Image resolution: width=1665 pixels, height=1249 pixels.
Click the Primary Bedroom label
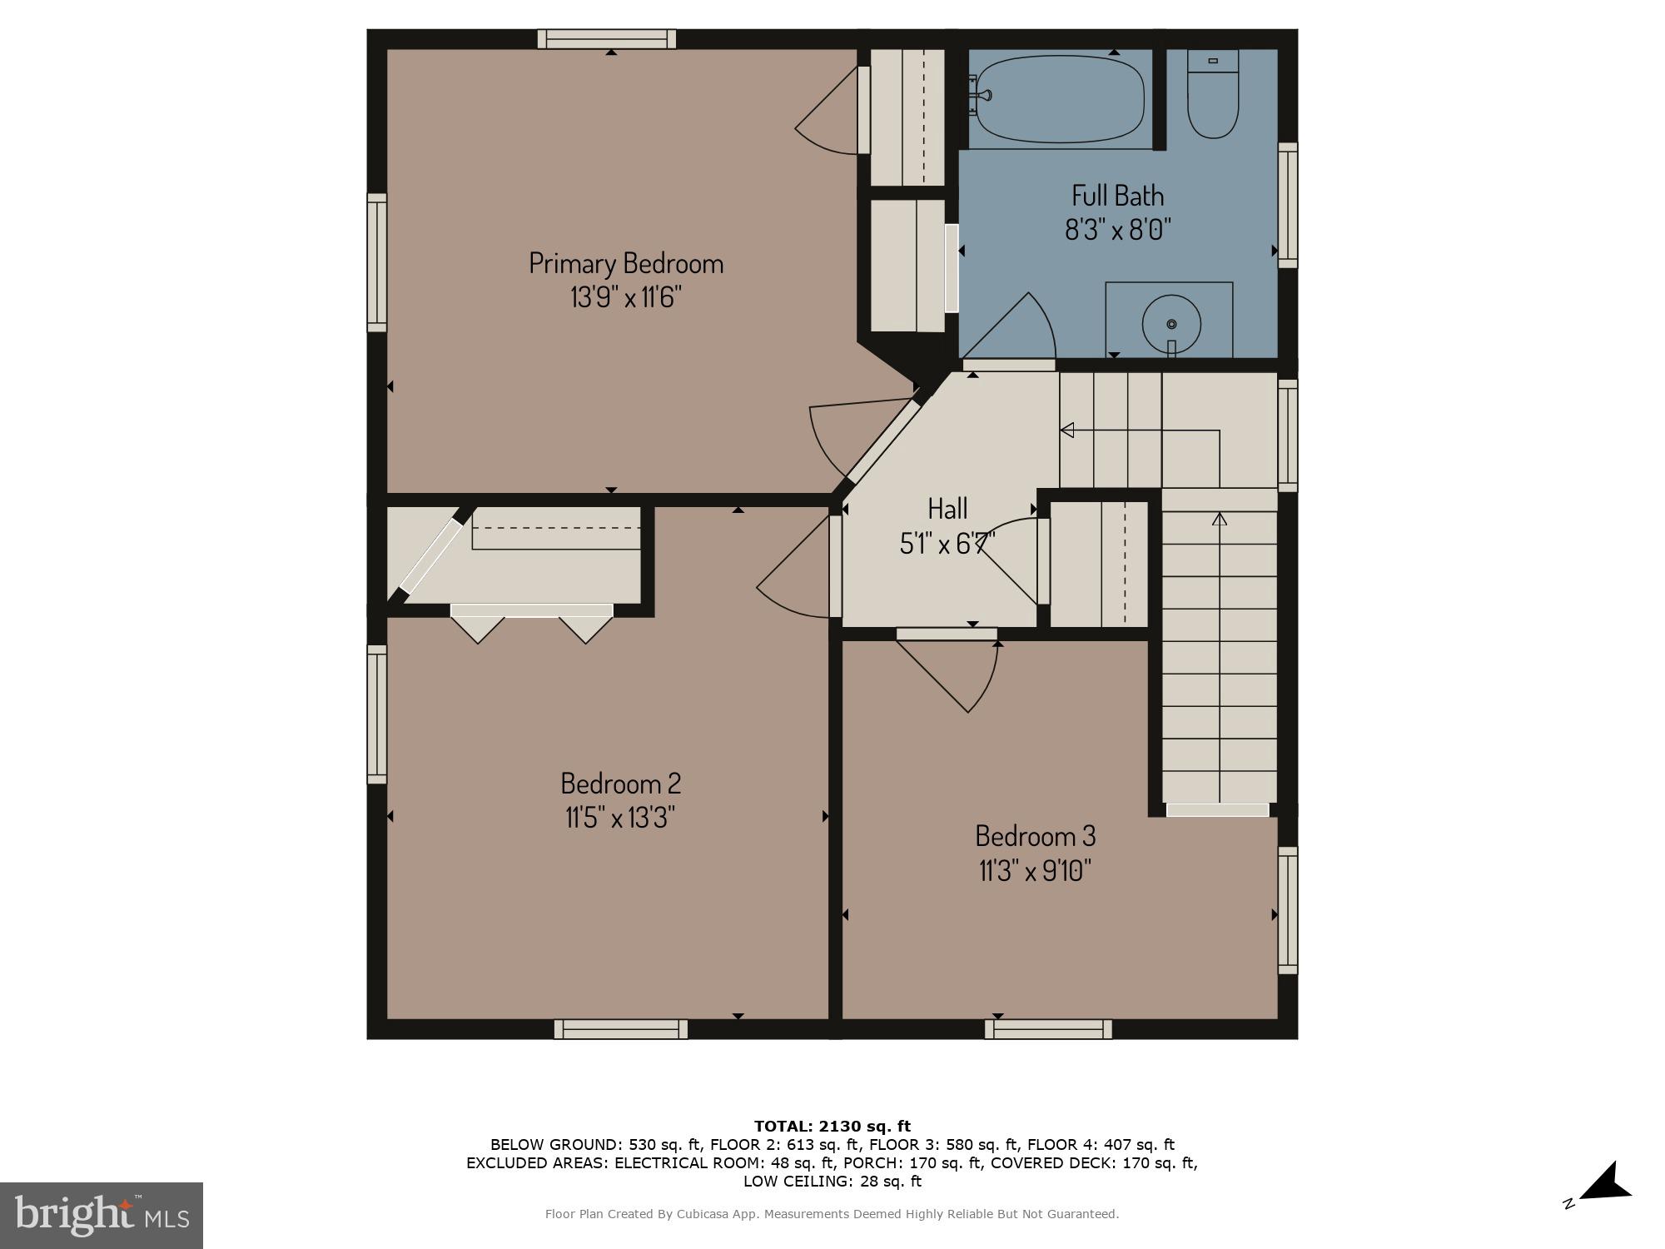point(626,263)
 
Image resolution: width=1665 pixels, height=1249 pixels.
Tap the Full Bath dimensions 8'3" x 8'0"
point(1117,229)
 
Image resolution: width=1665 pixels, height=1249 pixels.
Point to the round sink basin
point(1171,323)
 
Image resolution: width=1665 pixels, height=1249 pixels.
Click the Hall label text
point(947,508)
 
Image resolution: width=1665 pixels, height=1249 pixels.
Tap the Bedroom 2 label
point(620,784)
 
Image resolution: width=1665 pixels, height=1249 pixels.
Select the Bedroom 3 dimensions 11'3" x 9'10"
point(1035,871)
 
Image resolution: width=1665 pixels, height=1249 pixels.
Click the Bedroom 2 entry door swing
point(795,575)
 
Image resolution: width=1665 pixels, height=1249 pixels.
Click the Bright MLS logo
point(102,1215)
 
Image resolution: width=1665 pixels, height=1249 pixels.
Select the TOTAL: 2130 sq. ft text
point(832,1127)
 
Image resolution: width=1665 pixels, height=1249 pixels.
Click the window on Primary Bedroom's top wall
point(606,39)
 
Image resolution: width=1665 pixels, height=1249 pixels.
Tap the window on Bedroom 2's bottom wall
point(621,1029)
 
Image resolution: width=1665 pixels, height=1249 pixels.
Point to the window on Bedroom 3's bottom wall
point(1048,1029)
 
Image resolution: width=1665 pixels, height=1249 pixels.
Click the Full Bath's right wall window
point(1287,205)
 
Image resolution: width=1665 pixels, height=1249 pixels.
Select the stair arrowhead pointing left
point(1066,430)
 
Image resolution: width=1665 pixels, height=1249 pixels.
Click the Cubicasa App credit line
point(832,1214)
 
